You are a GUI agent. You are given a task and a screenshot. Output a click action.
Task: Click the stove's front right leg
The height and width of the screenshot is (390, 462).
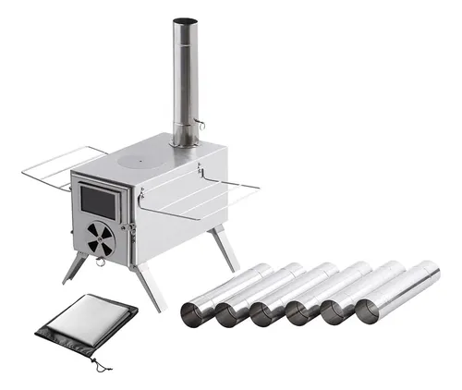[x=148, y=287]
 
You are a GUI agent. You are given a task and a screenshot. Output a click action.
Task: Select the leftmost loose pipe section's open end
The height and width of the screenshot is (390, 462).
[x=196, y=313]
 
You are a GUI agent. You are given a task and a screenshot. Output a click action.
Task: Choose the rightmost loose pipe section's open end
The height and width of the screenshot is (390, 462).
[x=371, y=311]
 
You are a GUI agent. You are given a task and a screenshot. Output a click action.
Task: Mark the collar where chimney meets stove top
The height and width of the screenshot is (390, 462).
[x=186, y=141]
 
